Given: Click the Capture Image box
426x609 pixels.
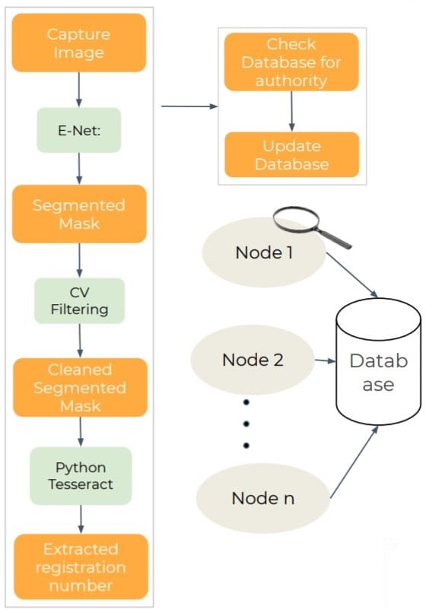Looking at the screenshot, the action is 79,43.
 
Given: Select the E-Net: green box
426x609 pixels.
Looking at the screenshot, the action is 79,130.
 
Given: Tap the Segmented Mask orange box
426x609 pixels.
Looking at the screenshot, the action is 79,214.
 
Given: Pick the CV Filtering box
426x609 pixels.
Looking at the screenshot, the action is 80,300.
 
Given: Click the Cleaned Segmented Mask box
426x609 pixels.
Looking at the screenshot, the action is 80,387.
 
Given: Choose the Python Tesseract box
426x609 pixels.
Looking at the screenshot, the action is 81,476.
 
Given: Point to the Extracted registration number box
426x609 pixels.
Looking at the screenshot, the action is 81,566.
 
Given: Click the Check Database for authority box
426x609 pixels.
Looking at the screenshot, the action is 291,62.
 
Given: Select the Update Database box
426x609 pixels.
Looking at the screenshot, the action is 292,154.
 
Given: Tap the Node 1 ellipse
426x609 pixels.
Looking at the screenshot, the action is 264,252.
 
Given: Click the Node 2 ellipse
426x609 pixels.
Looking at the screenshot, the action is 253,360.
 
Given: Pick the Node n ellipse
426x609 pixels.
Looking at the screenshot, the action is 262,498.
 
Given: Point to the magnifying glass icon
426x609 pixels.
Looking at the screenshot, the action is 311,227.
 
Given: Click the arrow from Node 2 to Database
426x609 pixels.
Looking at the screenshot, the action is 325,361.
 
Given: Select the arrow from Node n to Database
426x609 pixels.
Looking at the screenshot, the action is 354,462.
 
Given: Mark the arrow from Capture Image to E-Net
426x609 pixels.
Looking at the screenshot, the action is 79,90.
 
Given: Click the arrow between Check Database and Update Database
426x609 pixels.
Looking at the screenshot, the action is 291,112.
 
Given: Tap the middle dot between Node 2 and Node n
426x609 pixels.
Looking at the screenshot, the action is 246,423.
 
